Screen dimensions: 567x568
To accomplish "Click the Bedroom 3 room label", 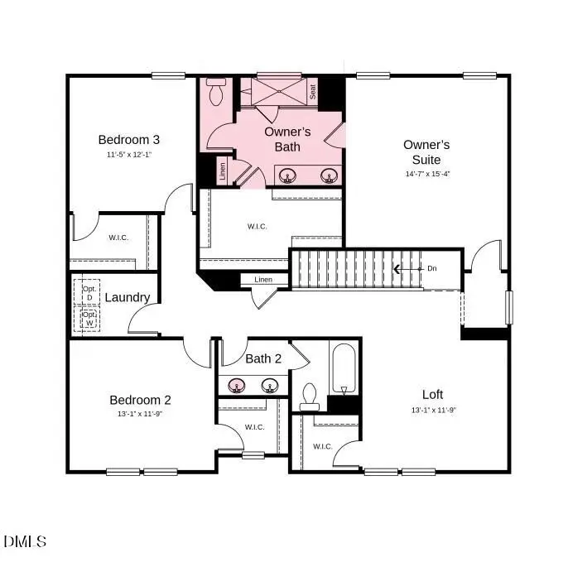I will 128,139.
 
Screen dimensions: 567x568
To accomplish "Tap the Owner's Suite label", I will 426,151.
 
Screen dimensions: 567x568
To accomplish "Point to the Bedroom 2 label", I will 140,400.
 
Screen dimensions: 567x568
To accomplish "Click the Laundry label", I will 128,298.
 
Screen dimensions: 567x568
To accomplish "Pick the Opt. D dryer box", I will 89,293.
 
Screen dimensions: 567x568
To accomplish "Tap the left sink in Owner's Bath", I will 288,175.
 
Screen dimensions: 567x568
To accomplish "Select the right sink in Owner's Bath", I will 330,175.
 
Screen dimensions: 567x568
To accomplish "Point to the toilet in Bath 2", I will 310,396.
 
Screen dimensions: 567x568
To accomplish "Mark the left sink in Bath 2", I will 238,386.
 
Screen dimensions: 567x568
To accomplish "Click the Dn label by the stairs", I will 431,268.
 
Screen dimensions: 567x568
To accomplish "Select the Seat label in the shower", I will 313,94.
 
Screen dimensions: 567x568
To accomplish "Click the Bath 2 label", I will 263,359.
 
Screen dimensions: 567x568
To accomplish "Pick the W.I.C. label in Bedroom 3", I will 118,238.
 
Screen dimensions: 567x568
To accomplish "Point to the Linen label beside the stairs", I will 263,280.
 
